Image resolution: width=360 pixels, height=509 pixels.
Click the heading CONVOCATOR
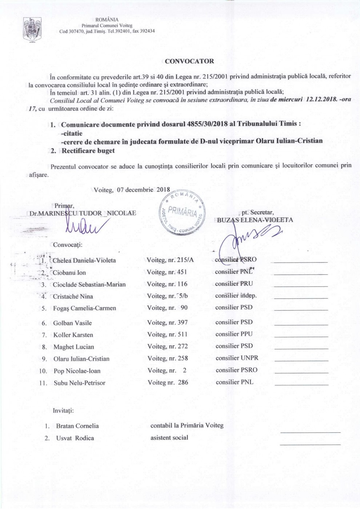[x=189, y=61]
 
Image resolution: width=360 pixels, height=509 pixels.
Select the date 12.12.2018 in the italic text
[x=322, y=99]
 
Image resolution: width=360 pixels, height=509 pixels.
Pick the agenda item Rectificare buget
[x=88, y=151]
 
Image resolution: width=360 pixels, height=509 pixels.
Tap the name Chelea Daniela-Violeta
[x=84, y=260]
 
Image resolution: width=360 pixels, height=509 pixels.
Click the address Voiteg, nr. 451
[x=167, y=272]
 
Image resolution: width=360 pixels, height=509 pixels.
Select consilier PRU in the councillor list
[x=234, y=284]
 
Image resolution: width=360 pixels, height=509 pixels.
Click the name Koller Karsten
[x=73, y=335]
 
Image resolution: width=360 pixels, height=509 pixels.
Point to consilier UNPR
[x=237, y=358]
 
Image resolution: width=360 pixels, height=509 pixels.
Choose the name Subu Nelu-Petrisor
[x=79, y=383]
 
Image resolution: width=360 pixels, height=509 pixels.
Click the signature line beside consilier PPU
[x=301, y=337]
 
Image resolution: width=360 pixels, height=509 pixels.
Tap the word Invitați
[x=63, y=410]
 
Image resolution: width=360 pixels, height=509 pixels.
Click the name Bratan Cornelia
[x=77, y=426]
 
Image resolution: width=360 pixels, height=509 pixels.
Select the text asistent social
[x=169, y=438]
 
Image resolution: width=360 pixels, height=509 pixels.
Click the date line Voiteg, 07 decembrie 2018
[x=132, y=190]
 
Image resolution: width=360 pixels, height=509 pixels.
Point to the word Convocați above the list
[x=68, y=245]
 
